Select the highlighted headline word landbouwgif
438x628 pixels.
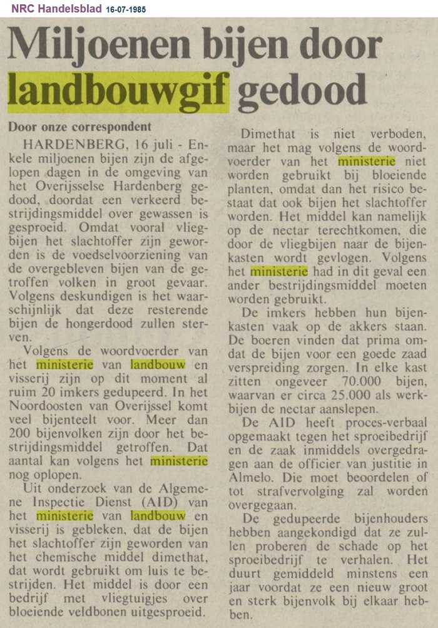pyautogui.click(x=118, y=91)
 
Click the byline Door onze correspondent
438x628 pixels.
pyautogui.click(x=79, y=126)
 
